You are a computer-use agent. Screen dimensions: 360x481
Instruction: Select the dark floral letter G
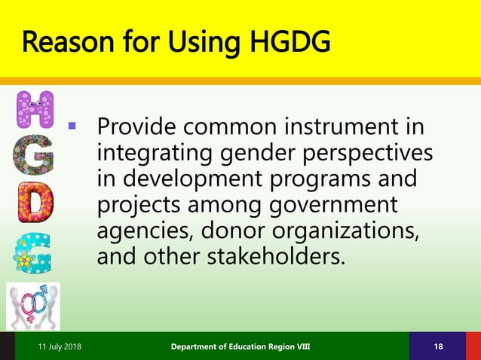(x=35, y=157)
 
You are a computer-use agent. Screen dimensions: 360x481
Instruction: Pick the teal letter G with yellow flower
(x=33, y=254)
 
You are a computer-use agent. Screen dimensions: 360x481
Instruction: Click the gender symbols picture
(x=33, y=306)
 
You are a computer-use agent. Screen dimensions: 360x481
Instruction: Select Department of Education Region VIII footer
(x=240, y=346)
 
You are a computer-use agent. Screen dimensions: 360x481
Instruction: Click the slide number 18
(x=438, y=346)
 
